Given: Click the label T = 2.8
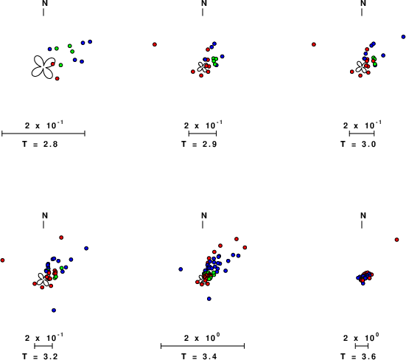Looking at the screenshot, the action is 40,144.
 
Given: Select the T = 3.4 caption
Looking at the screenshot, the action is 199,356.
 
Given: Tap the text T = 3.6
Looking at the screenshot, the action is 358,356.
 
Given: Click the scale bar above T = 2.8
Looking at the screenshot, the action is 43,134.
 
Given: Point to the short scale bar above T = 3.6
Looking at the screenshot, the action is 362,346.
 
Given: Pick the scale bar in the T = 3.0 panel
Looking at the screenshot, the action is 362,134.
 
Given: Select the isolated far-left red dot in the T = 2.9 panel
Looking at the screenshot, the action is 155,44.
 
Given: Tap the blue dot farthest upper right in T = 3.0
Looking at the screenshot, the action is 403,37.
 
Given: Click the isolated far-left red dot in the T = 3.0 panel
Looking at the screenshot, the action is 314,44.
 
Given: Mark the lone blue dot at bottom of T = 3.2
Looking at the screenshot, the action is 54,311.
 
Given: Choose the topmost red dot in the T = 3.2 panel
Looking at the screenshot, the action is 61,238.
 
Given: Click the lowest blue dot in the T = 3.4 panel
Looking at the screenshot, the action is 209,299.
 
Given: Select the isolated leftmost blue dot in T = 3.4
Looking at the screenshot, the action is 181,269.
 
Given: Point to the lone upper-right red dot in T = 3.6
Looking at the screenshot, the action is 396,240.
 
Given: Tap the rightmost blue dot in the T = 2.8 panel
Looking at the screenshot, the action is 90,41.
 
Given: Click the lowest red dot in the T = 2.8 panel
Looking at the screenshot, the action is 57,78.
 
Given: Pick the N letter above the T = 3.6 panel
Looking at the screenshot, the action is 363,215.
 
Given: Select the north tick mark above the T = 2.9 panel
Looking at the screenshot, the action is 203,12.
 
